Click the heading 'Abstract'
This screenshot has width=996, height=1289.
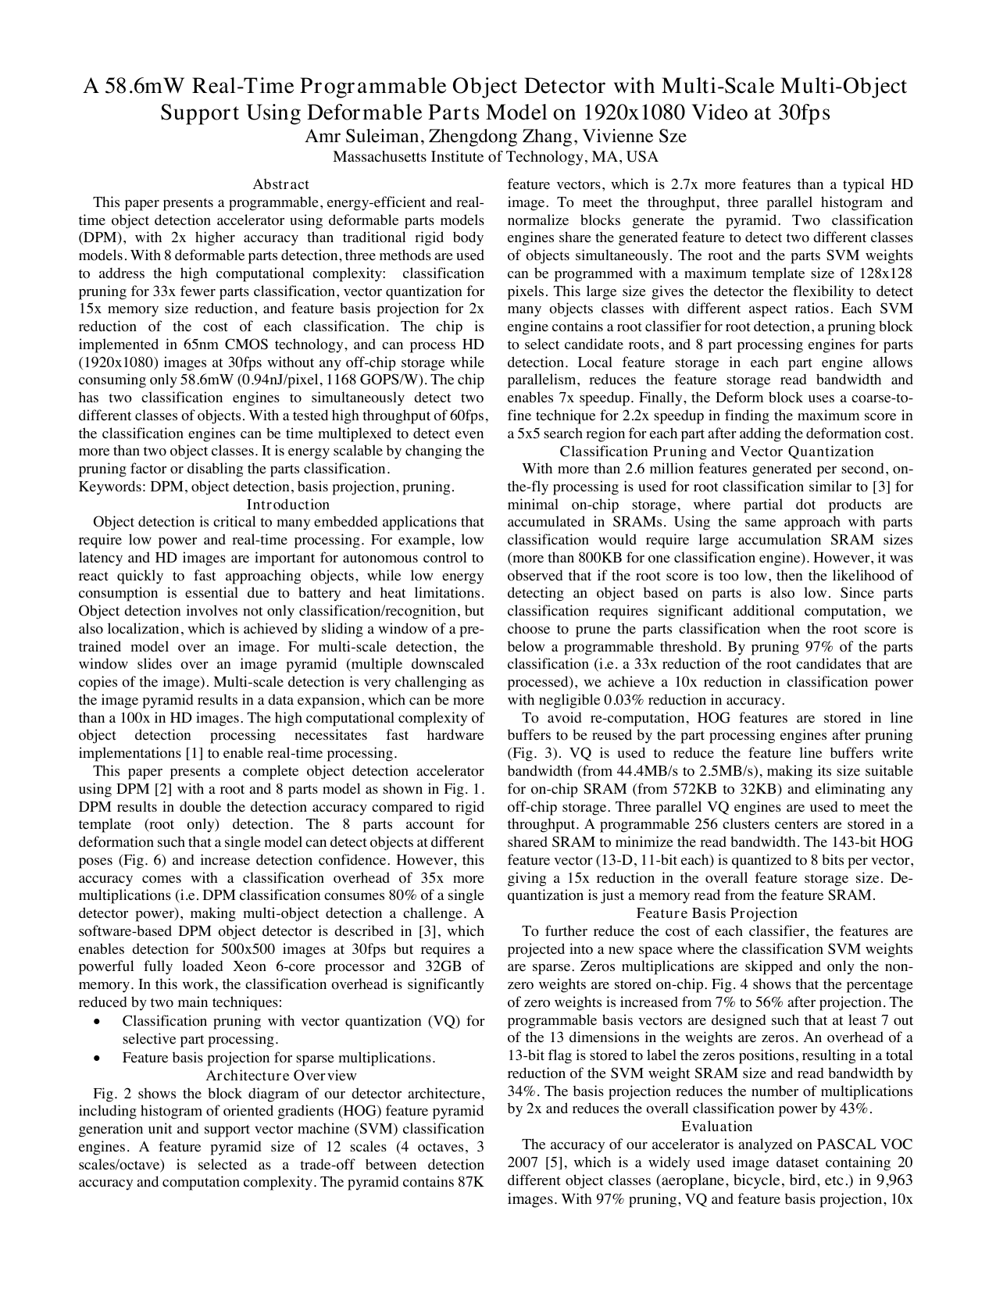[x=280, y=185]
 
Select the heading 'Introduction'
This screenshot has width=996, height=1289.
[x=280, y=505]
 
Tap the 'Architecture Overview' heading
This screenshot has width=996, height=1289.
[x=280, y=1076]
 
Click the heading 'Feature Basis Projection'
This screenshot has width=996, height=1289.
[x=716, y=913]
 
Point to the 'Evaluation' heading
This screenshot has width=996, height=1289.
[x=716, y=1127]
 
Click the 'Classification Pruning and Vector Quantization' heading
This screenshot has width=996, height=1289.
[x=716, y=452]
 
